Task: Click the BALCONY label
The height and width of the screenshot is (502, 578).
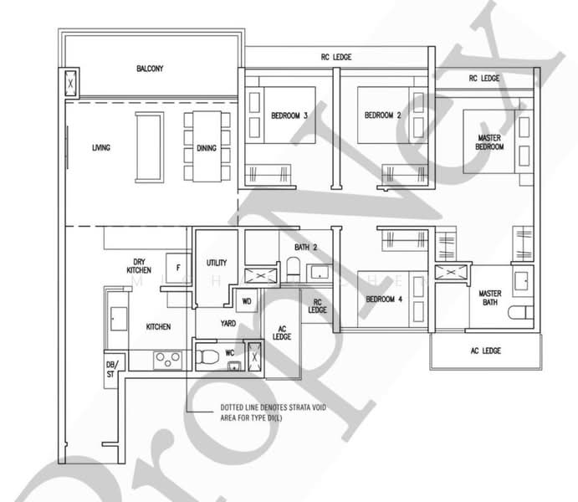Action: click(x=151, y=69)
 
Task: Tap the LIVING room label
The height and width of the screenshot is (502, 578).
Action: click(x=101, y=148)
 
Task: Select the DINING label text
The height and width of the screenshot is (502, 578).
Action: click(x=207, y=148)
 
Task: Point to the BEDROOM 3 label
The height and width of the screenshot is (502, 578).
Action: click(x=289, y=115)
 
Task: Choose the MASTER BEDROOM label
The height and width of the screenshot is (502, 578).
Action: click(x=490, y=141)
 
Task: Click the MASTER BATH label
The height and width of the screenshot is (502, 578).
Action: click(x=490, y=299)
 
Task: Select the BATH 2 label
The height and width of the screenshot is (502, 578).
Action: click(x=306, y=248)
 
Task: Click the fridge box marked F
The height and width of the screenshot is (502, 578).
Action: click(x=177, y=267)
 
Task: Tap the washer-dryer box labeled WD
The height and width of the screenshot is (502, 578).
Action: click(x=247, y=301)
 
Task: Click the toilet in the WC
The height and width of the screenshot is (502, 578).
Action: click(x=207, y=356)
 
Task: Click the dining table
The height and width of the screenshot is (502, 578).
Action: click(x=207, y=146)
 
